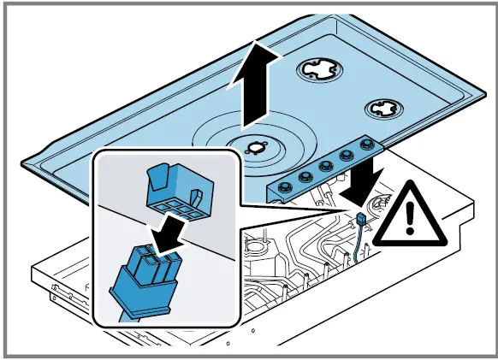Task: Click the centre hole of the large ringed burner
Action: click(256, 146)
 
